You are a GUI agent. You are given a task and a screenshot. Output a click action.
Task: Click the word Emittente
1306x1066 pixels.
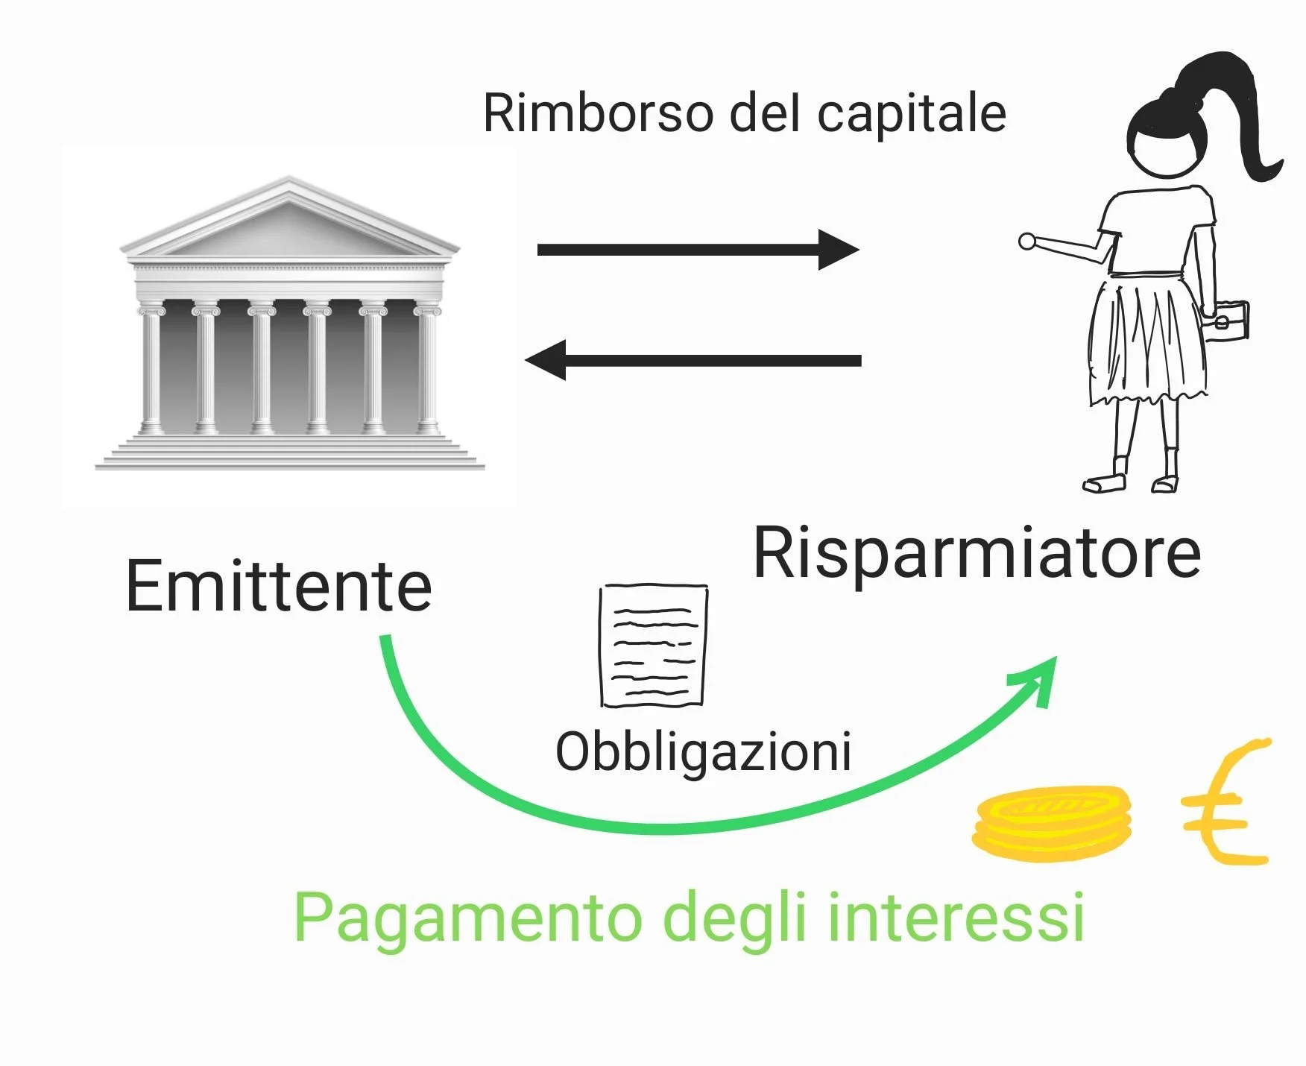click(279, 586)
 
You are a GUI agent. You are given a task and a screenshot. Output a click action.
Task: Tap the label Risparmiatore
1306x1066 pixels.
click(977, 553)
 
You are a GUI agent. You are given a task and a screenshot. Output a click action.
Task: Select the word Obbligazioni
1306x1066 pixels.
click(704, 751)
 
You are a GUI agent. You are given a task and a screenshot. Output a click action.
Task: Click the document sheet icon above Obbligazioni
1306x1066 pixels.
click(654, 646)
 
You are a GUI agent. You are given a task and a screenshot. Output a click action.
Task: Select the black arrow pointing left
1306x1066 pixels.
click(693, 361)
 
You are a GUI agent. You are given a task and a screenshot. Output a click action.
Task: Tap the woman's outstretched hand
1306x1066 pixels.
click(1028, 242)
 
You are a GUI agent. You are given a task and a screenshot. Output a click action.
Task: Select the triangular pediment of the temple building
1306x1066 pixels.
click(289, 218)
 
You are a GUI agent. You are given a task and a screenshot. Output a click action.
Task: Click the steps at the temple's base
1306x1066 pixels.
click(290, 452)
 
